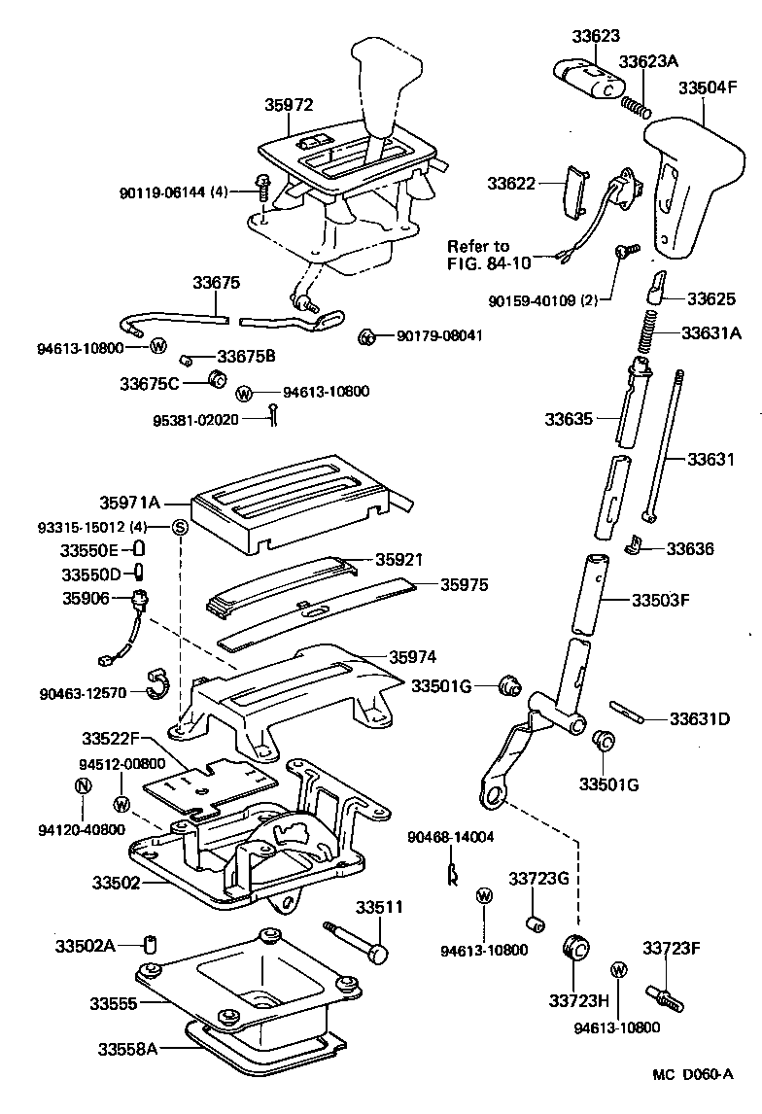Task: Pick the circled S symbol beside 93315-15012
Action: point(180,527)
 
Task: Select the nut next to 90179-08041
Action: point(368,336)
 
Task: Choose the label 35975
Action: point(464,585)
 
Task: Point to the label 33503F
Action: point(660,600)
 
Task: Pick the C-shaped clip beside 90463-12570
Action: point(156,683)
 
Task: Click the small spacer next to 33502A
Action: point(151,944)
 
